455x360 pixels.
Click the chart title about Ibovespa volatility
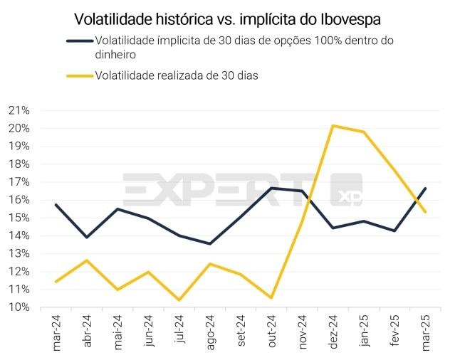coord(228,17)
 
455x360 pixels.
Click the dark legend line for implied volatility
coord(80,41)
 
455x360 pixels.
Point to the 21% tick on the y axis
coord(19,110)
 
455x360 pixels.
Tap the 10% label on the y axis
coord(19,307)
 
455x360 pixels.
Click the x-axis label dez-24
coord(333,332)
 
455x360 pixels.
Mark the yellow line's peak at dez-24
coord(333,126)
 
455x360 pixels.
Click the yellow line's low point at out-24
coord(271,297)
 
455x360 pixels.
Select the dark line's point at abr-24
coord(86,237)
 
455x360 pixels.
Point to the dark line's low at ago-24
coord(209,244)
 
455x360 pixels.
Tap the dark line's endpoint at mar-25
coord(425,189)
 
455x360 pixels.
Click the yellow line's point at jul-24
coord(179,300)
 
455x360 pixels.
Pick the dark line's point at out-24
coord(271,188)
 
